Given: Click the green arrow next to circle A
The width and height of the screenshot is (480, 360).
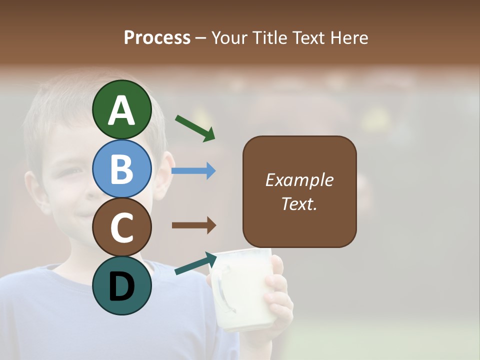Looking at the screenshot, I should [x=195, y=128].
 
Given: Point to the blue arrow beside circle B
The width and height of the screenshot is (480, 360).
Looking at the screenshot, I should [x=193, y=171].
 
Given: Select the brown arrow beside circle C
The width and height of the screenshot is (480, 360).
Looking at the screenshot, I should [x=194, y=225].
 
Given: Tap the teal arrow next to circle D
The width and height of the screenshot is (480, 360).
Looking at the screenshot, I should [x=195, y=263].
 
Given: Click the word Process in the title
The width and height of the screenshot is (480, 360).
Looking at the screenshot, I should [x=157, y=37].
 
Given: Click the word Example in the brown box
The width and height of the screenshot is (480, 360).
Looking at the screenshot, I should [x=299, y=180].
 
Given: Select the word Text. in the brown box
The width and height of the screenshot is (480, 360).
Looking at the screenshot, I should [x=299, y=203].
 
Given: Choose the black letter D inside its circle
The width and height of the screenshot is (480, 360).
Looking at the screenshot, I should [x=121, y=287].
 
